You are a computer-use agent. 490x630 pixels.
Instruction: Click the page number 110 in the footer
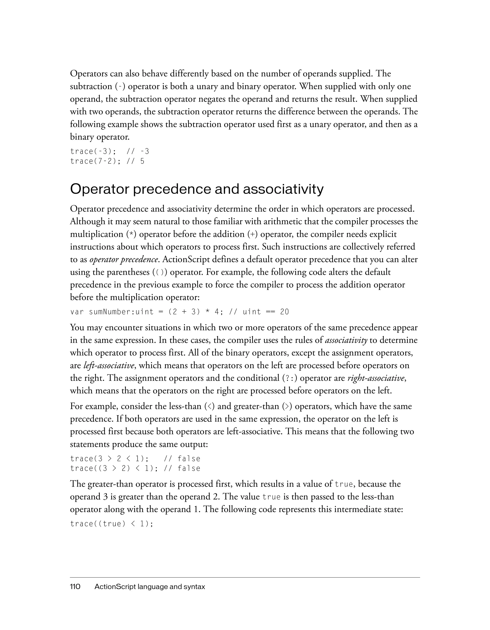coord(75,587)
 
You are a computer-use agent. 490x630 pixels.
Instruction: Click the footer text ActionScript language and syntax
coord(150,587)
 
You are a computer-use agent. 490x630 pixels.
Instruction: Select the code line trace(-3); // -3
coord(110,151)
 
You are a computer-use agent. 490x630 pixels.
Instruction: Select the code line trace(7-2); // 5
coord(107,161)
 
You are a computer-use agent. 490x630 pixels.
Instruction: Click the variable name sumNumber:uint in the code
coord(121,312)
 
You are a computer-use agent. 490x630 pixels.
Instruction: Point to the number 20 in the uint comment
coord(284,312)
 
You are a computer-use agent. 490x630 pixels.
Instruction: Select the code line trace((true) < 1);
coord(111,524)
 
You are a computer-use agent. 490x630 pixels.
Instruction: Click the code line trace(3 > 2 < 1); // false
coord(135,459)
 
